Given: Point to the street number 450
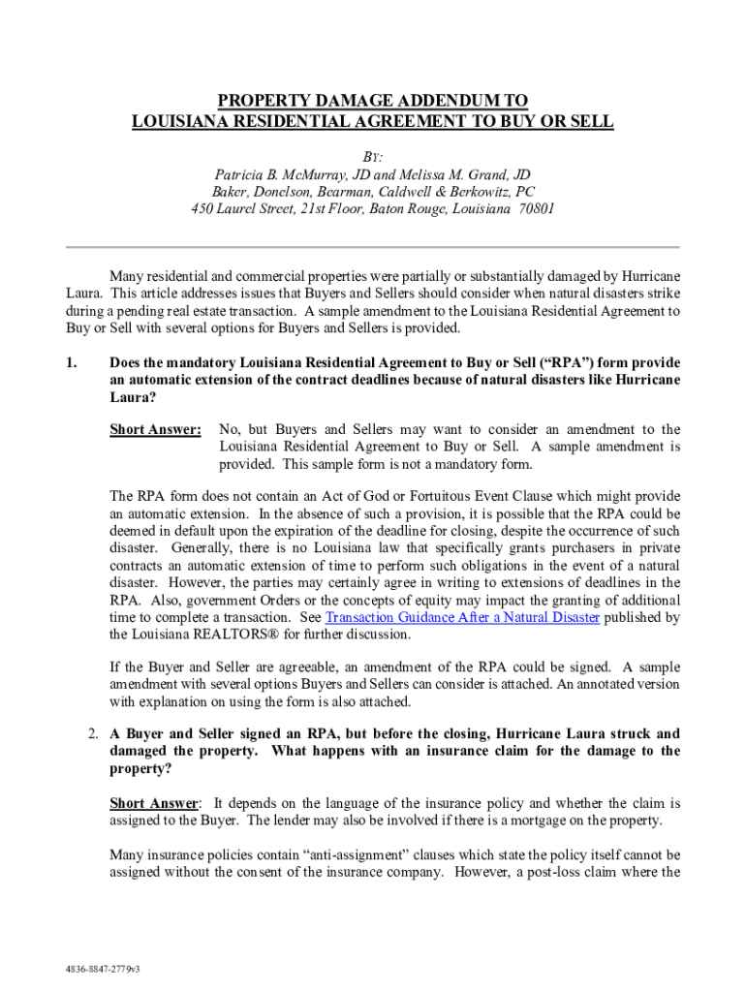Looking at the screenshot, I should tap(202, 209).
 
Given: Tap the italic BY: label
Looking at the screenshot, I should tap(372, 158).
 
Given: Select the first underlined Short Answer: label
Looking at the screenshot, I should tap(155, 429).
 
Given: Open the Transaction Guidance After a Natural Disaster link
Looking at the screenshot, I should tap(462, 617).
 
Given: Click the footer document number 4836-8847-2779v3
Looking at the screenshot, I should tap(97, 968).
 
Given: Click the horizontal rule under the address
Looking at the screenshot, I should tap(372, 246).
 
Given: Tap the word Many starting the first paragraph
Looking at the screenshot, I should tap(127, 276).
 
